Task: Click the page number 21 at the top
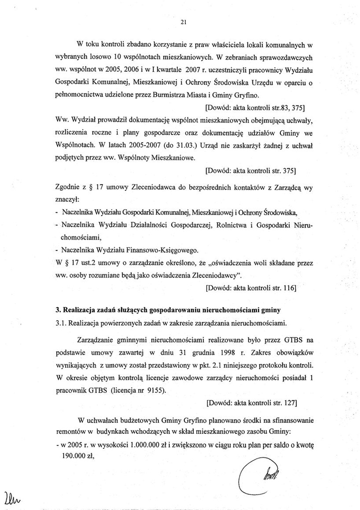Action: click(183, 21)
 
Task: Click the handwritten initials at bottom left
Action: click(12, 497)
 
